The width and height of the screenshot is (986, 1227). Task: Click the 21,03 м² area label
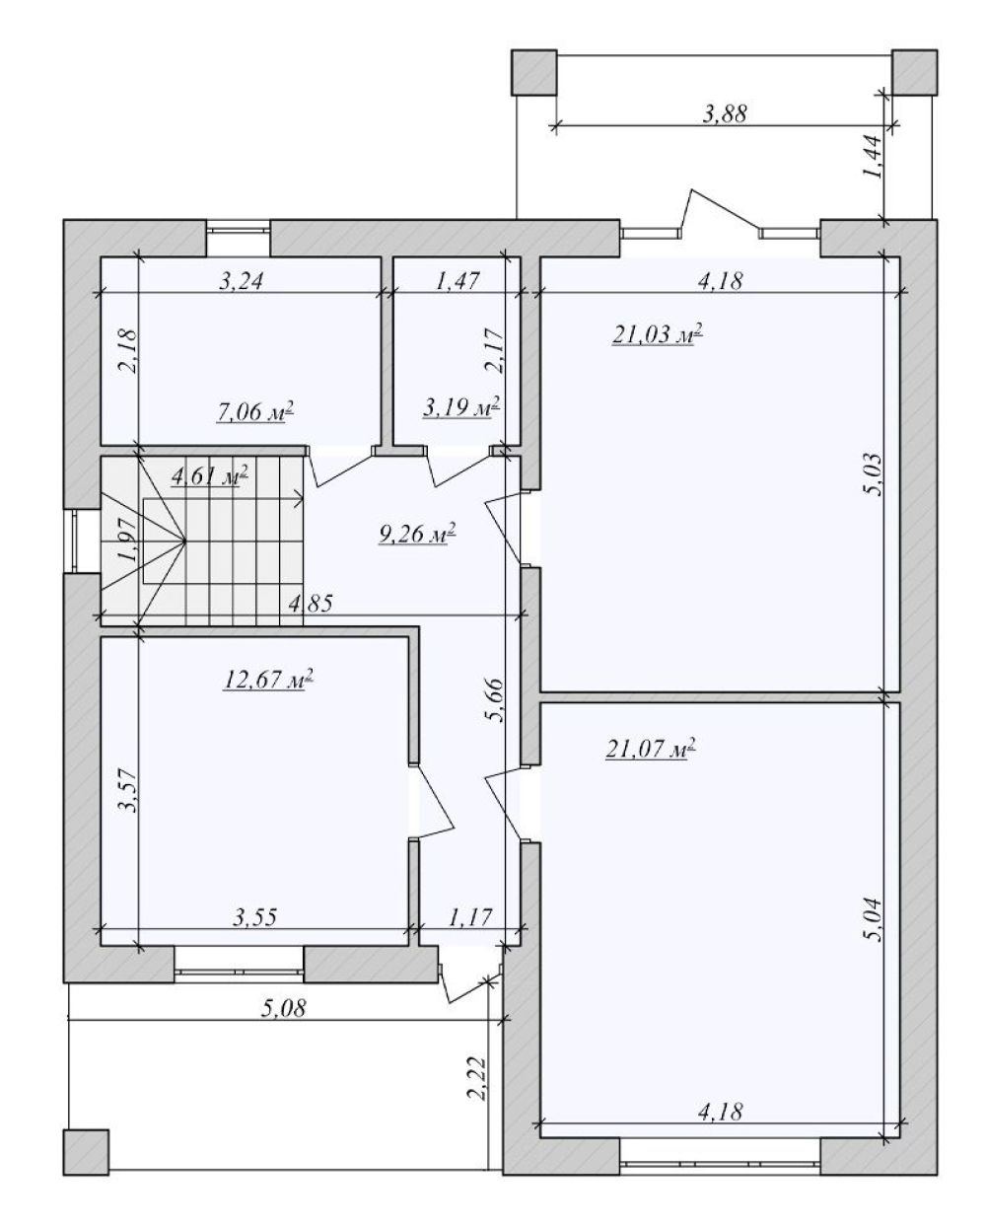pyautogui.click(x=657, y=333)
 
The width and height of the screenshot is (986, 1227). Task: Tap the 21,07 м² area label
pyautogui.click(x=650, y=747)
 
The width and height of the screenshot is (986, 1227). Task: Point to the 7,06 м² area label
pyautogui.click(x=255, y=410)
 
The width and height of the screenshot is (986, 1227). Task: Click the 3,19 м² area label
pyautogui.click(x=461, y=406)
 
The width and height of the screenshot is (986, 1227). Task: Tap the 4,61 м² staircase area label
pyautogui.click(x=210, y=475)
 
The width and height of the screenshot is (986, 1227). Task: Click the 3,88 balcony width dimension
pyautogui.click(x=725, y=114)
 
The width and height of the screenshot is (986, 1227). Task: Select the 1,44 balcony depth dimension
pyautogui.click(x=873, y=156)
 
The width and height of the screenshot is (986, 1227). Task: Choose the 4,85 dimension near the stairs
pyautogui.click(x=311, y=603)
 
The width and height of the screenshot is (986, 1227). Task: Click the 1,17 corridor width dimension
pyautogui.click(x=470, y=917)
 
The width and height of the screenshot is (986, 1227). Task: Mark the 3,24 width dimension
pyautogui.click(x=242, y=280)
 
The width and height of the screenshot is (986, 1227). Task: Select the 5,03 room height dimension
pyautogui.click(x=873, y=474)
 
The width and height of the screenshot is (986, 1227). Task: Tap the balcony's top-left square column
pyautogui.click(x=533, y=72)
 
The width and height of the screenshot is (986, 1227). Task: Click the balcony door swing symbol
pyautogui.click(x=721, y=211)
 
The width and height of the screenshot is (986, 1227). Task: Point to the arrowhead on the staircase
pyautogui.click(x=299, y=498)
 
